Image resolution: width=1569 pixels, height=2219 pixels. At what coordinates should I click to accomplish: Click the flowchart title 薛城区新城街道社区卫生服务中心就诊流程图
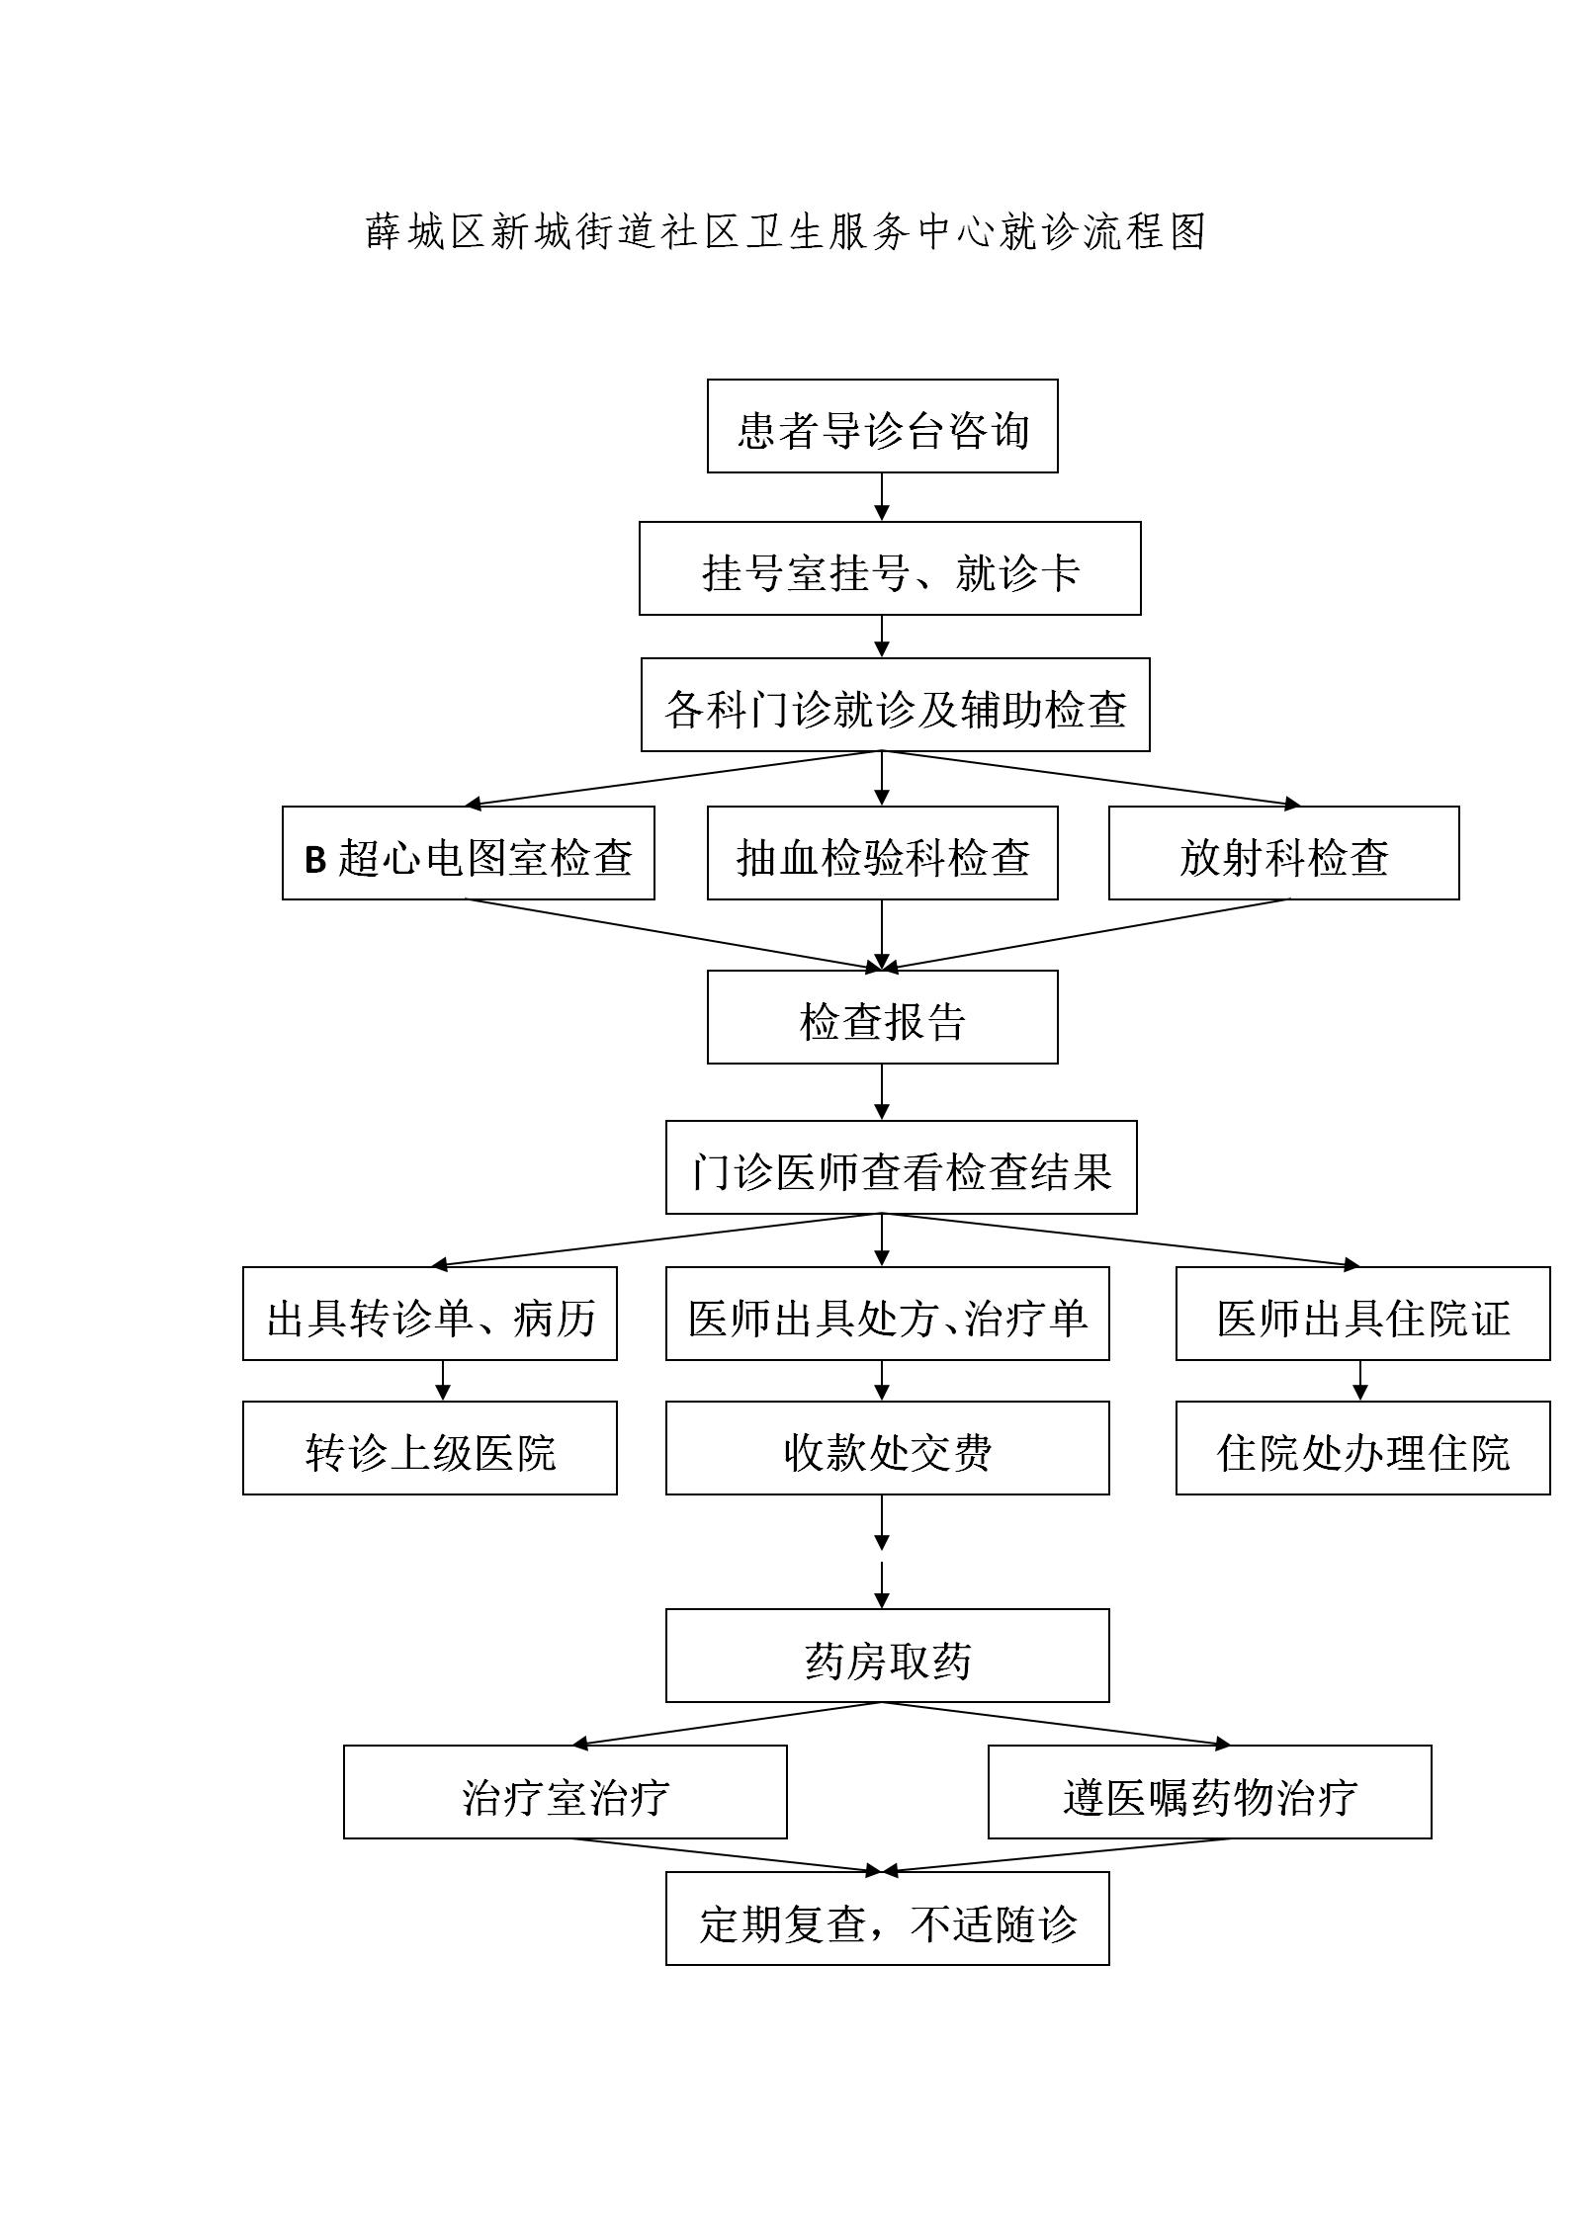[786, 232]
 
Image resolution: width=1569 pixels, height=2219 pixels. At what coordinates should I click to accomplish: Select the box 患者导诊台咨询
[882, 426]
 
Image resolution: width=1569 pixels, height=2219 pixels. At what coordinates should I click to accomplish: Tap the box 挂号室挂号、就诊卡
[890, 568]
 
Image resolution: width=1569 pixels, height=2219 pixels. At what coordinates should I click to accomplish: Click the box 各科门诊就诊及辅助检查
[895, 705]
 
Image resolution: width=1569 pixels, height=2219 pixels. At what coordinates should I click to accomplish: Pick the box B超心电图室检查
[468, 853]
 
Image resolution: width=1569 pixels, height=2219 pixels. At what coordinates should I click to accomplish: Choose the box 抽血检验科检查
[882, 853]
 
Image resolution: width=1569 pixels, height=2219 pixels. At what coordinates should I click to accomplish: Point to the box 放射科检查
[1283, 853]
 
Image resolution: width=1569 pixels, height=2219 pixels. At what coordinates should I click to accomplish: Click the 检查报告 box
[882, 1017]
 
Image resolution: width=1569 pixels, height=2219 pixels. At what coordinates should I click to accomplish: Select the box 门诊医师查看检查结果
[901, 1167]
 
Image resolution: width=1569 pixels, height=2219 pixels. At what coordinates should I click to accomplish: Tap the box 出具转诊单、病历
[429, 1314]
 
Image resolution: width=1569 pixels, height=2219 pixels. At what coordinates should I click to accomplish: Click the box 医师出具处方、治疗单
[887, 1314]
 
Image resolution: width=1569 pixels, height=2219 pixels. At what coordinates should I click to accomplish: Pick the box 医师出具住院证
[1362, 1314]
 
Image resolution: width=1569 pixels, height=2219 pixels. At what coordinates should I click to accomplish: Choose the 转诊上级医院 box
[429, 1448]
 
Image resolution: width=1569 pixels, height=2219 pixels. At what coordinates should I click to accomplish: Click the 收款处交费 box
[887, 1448]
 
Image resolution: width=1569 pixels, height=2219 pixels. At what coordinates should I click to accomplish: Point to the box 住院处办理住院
[1362, 1448]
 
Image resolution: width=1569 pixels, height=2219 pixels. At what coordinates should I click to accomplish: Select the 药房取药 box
[887, 1656]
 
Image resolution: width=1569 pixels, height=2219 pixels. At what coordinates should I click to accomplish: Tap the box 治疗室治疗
[565, 1792]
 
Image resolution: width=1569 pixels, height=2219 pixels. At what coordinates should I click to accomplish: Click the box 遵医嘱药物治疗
[1209, 1792]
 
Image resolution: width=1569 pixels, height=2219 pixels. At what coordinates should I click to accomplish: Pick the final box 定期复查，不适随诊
[887, 1919]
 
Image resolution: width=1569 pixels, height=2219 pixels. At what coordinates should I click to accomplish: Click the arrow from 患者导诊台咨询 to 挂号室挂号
[882, 497]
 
